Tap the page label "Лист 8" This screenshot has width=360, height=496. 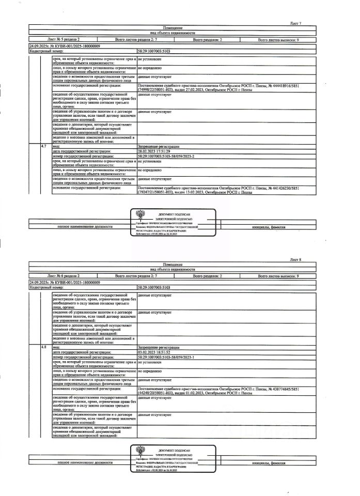pos(295,259)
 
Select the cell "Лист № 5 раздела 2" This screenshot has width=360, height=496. pos(64,39)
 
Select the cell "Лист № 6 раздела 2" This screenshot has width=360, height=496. pos(64,276)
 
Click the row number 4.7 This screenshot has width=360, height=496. pos(44,147)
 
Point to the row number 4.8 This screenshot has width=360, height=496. pos(44,347)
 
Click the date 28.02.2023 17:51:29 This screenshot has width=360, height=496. pos(155,151)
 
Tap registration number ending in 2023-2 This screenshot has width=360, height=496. pos(166,155)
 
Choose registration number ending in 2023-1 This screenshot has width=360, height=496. pos(166,357)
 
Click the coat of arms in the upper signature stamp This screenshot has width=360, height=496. pos(138,215)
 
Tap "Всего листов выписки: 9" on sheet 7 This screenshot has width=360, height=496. pos(278,39)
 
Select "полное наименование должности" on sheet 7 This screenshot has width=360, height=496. pos(85,227)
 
